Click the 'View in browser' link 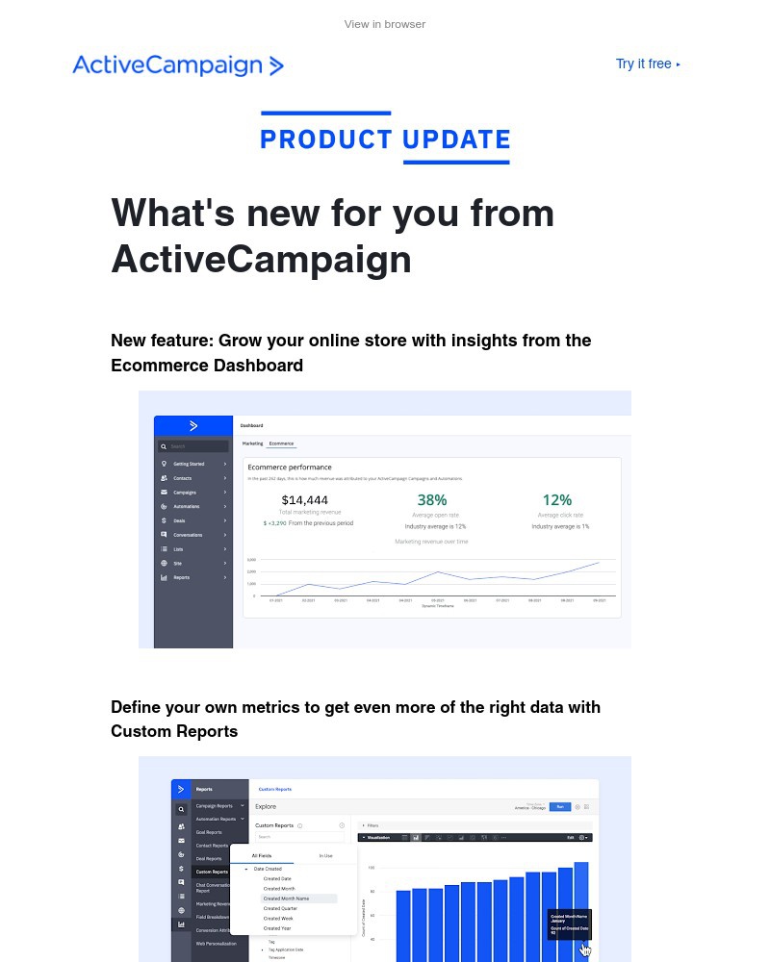385,24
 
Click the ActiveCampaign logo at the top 178,65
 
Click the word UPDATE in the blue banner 456,139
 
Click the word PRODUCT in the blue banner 326,139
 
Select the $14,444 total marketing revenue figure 305,500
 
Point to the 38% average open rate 432,500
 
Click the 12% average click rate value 557,500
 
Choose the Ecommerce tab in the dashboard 282,443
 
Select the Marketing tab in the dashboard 252,443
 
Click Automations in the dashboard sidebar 187,506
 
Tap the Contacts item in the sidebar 182,478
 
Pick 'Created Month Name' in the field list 286,899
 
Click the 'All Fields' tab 261,855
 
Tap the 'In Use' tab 325,855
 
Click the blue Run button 559,806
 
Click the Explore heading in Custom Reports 265,806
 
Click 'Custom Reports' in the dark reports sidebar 211,872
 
